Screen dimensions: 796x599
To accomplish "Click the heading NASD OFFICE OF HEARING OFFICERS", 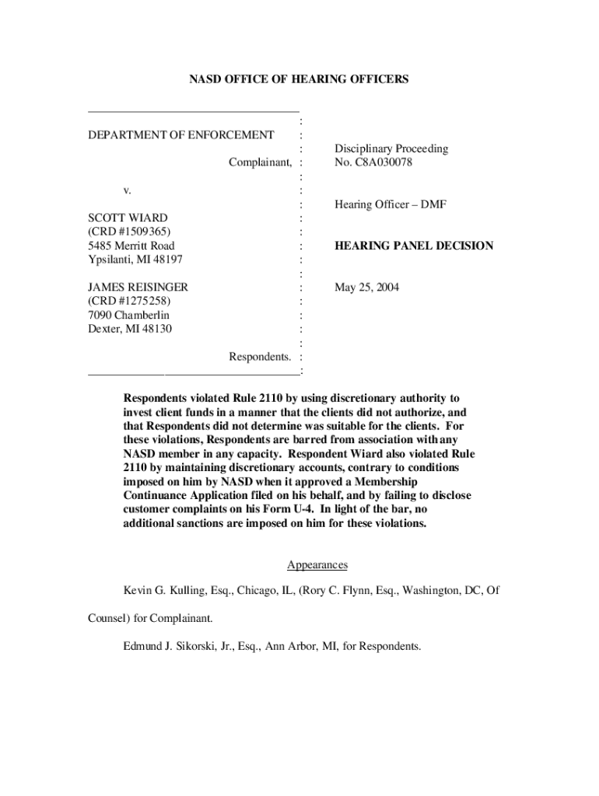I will pyautogui.click(x=299, y=79).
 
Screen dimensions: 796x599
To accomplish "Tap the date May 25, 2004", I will pyautogui.click(x=366, y=288).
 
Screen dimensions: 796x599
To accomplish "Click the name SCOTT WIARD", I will pyautogui.click(x=128, y=218).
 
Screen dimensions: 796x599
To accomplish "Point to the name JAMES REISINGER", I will pyautogui.click(x=138, y=288).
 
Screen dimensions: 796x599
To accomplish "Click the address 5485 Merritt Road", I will pyautogui.click(x=131, y=246).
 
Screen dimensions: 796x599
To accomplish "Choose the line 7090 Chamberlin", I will pyautogui.click(x=128, y=315).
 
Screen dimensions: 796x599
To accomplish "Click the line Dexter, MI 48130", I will pyautogui.click(x=130, y=329).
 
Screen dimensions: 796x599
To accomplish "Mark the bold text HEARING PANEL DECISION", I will pyautogui.click(x=414, y=246).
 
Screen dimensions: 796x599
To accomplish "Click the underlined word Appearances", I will pyautogui.click(x=317, y=565).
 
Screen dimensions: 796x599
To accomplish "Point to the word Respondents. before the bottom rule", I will pyautogui.click(x=260, y=357).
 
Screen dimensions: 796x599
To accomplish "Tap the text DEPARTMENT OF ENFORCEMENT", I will pyautogui.click(x=180, y=135).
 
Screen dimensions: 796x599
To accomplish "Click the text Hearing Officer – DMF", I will pyautogui.click(x=390, y=204).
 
